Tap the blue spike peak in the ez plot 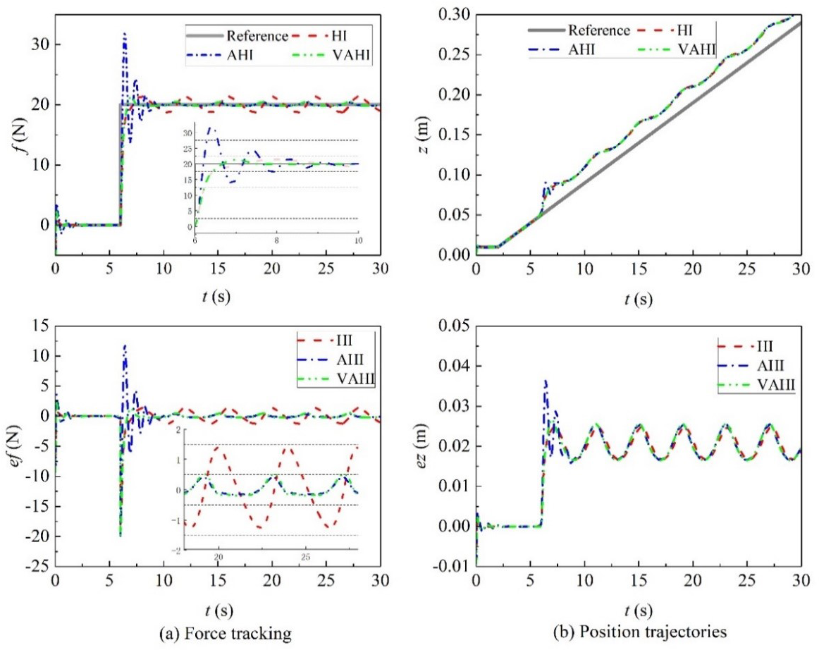[545, 381]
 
